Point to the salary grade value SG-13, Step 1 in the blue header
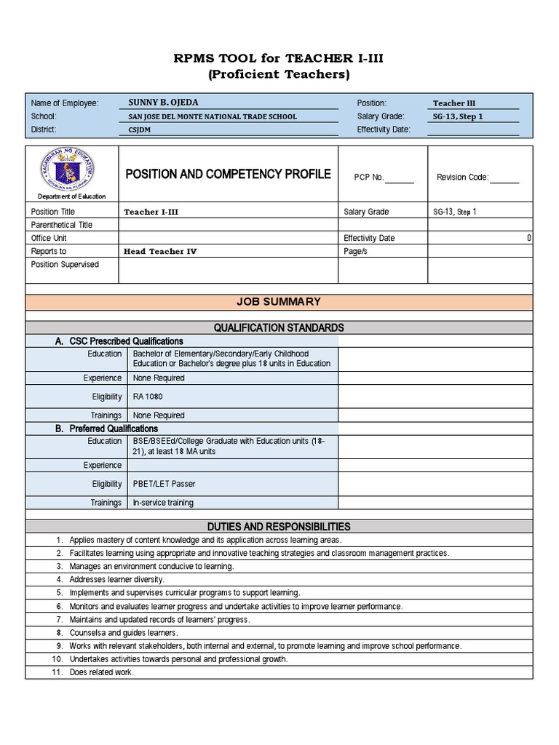point(458,116)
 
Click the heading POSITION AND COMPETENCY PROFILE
point(229,174)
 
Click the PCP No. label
point(369,178)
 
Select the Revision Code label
point(462,178)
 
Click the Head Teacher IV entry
point(160,251)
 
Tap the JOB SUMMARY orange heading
point(279,301)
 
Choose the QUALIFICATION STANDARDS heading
point(279,327)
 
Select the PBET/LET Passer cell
point(164,484)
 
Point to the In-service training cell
point(163,503)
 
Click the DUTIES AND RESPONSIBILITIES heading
point(279,526)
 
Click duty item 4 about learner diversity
point(116,580)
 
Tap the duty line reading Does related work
point(101,672)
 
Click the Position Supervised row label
point(65,264)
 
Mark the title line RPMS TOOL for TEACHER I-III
point(279,58)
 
